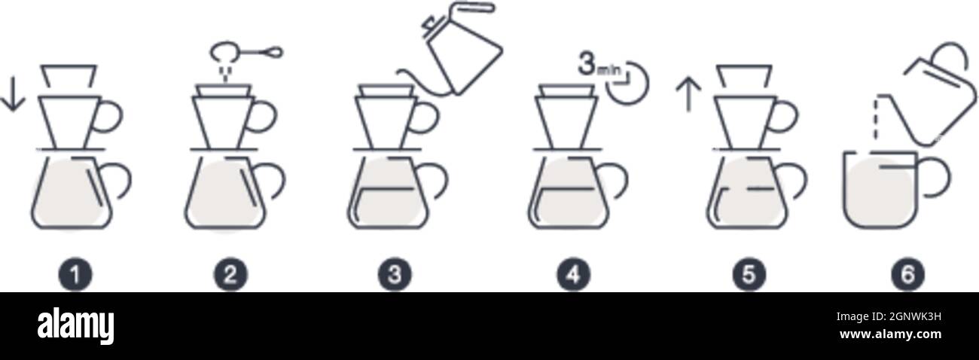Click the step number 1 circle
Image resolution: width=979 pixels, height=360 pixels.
click(x=75, y=275)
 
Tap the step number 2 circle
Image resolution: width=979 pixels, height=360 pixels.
click(x=230, y=275)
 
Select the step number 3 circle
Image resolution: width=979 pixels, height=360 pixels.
click(x=395, y=275)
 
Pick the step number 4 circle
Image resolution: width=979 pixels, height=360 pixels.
click(x=573, y=275)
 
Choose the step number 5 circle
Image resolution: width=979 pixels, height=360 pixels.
click(x=749, y=275)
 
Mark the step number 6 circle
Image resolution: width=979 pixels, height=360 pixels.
click(x=908, y=275)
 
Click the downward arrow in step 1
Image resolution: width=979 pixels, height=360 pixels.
click(x=13, y=94)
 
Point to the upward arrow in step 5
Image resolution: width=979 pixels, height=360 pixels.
click(x=689, y=94)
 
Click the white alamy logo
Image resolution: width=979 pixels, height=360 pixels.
click(x=75, y=326)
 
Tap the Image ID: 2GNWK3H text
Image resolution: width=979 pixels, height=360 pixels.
click(x=889, y=316)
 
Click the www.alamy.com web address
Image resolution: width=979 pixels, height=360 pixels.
click(x=890, y=334)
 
